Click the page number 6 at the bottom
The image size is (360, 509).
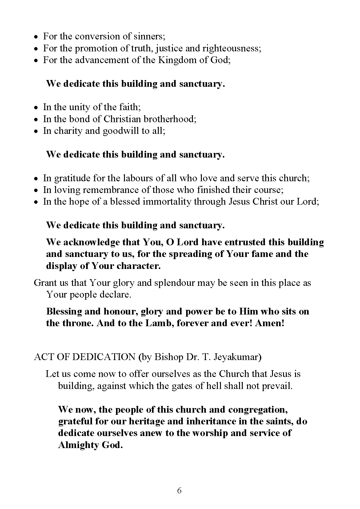coord(179,491)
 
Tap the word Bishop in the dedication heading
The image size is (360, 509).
coord(169,357)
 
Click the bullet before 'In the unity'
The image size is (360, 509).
coord(36,108)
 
